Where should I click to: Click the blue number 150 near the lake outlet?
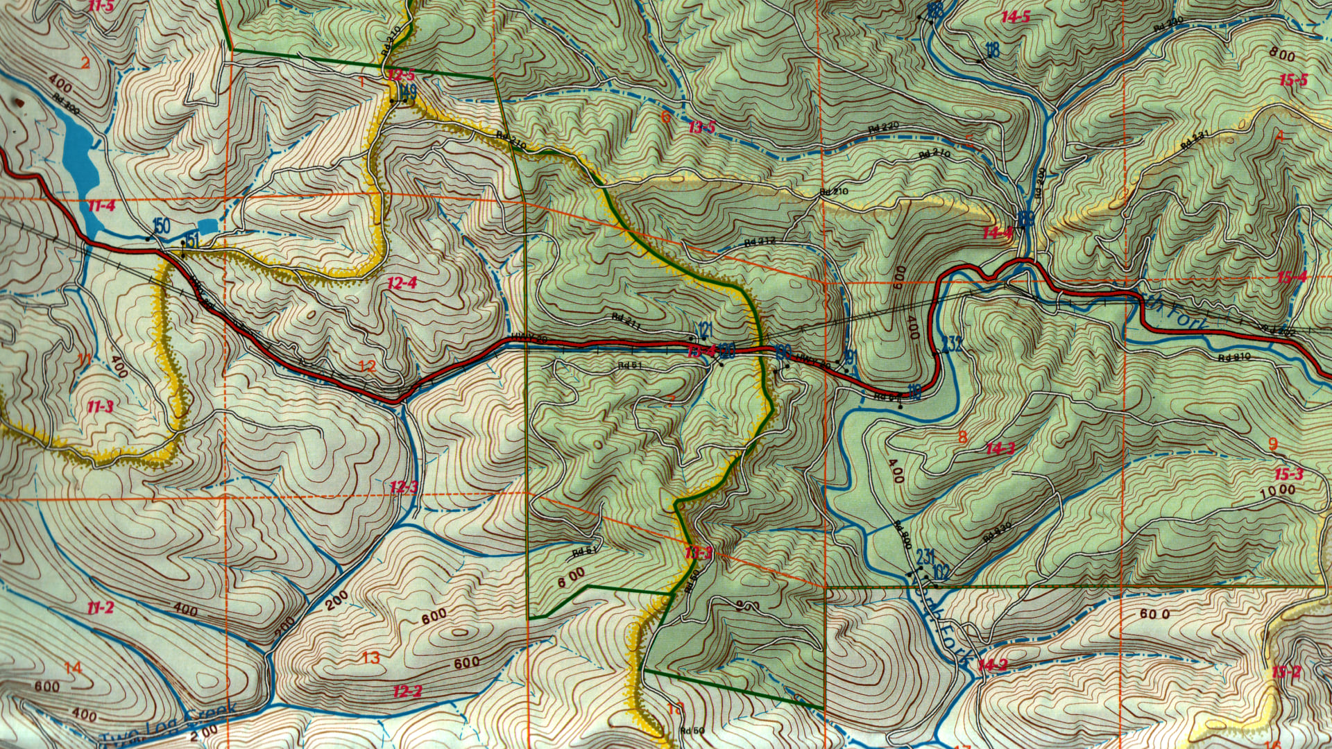[161, 225]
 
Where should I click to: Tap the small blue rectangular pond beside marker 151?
[207, 225]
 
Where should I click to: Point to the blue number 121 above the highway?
[705, 328]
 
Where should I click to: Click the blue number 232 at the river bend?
[952, 343]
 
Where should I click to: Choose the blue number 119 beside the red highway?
[914, 393]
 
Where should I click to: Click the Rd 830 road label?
[998, 532]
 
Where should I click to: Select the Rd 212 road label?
[759, 241]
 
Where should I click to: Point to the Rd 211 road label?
[626, 320]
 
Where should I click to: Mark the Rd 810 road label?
[1234, 357]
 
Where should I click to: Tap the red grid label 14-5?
[1016, 17]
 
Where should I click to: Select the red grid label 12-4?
[402, 283]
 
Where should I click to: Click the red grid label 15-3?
[1288, 475]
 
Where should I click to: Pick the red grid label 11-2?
[101, 608]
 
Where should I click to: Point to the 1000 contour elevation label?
[1277, 490]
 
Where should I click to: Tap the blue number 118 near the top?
[992, 49]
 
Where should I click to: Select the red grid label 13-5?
[702, 127]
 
